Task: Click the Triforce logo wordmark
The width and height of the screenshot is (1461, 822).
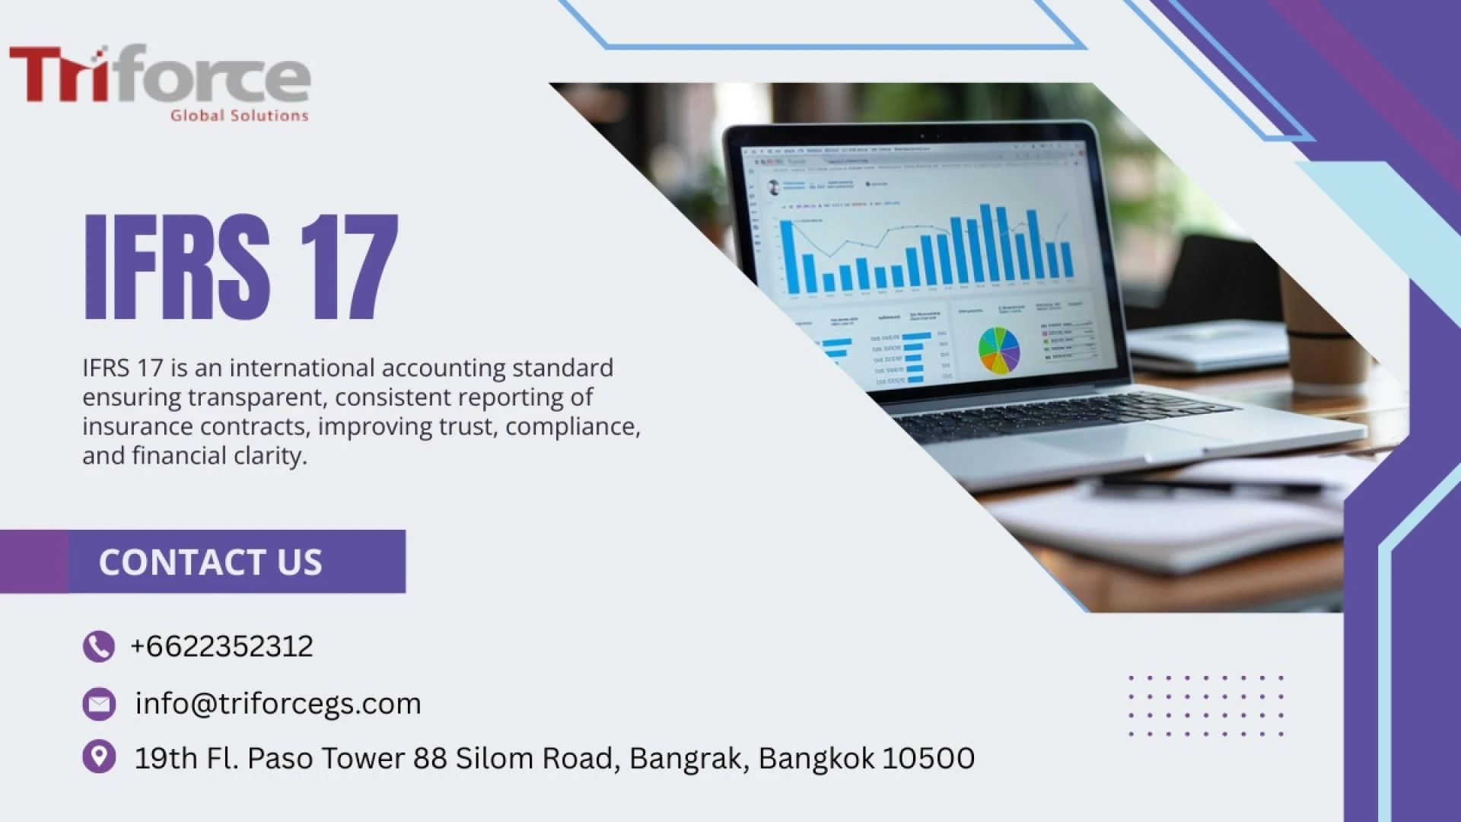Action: tap(160, 74)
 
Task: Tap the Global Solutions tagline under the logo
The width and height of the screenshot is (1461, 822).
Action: tap(239, 116)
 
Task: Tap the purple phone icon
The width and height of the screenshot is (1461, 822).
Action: tap(99, 647)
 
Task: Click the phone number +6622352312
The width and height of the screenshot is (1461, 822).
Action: tap(221, 647)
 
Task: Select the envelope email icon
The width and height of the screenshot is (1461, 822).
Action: tap(99, 704)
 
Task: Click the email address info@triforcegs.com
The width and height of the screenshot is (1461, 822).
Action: tap(278, 704)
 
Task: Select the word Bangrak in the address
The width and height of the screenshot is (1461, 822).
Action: tap(688, 758)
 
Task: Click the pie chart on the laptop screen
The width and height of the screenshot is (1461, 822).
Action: tap(998, 350)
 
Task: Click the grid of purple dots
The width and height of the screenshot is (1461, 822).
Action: tap(1206, 706)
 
